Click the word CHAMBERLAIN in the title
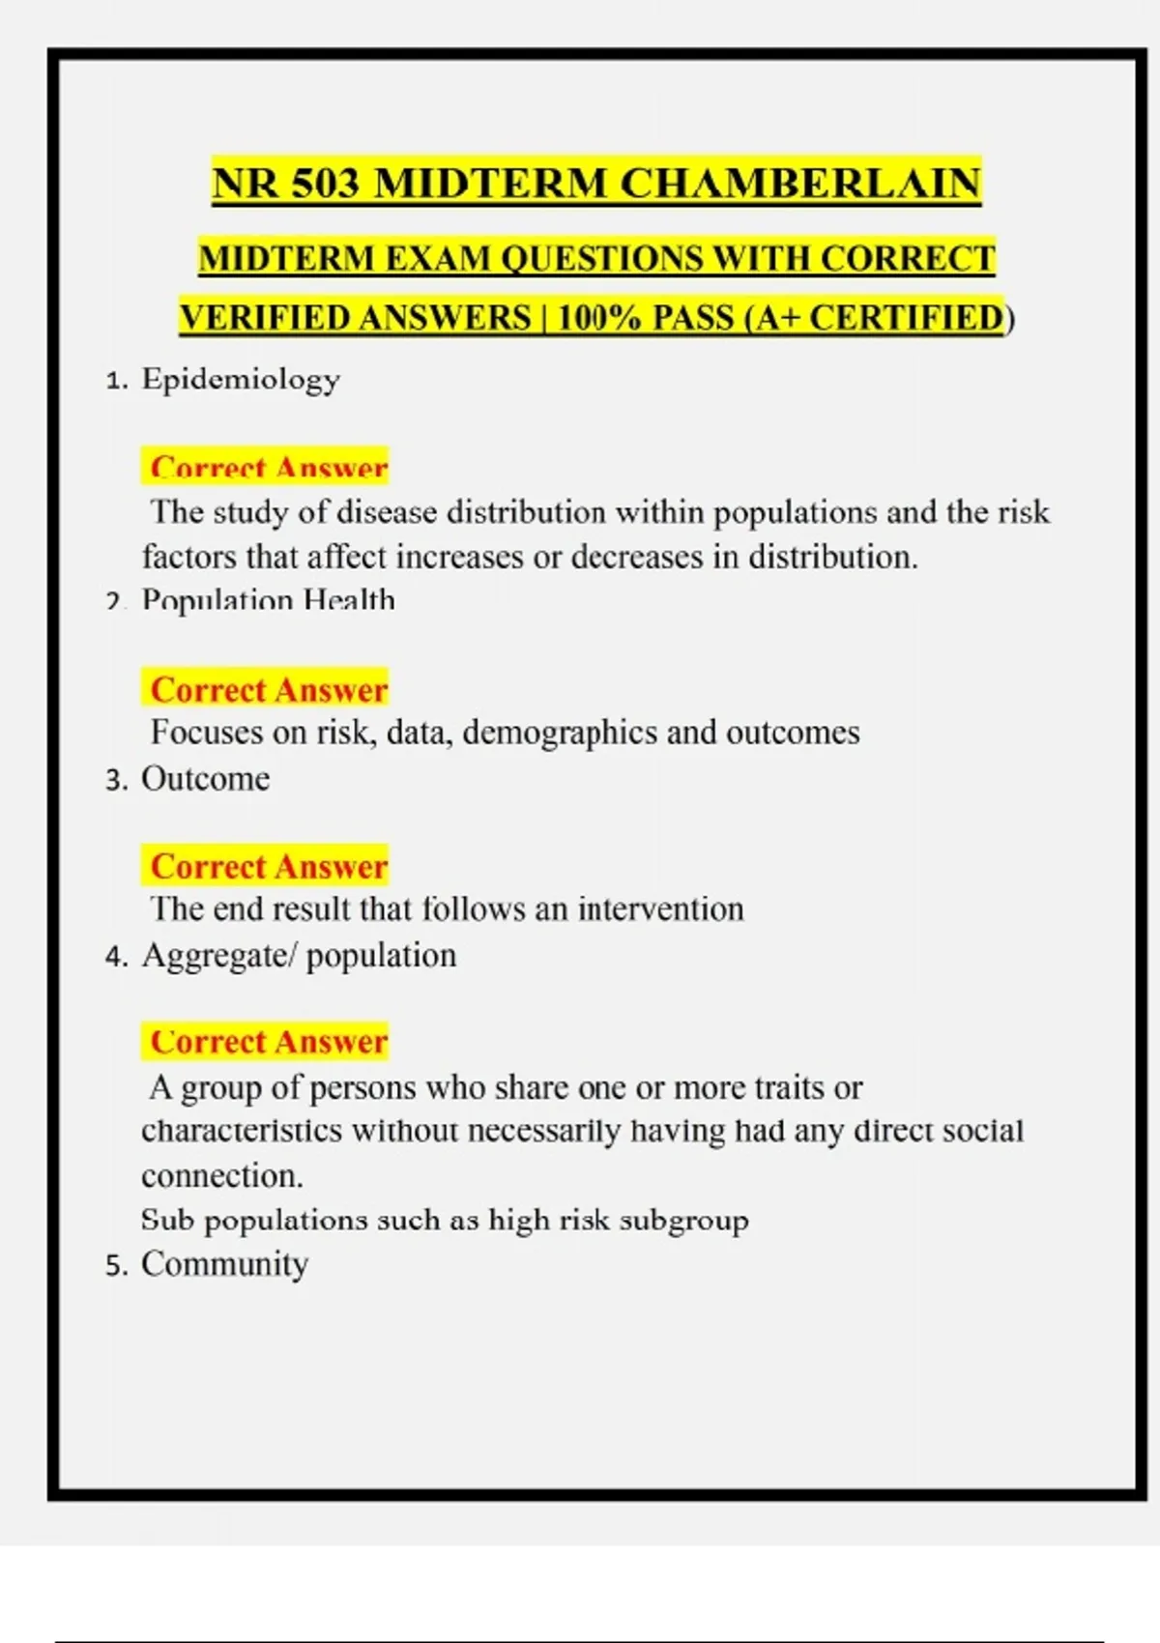coord(799,184)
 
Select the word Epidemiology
coord(241,378)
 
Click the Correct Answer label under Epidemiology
coord(268,468)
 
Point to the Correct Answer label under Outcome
coord(268,866)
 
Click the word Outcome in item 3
coord(206,778)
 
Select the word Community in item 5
coord(225,1263)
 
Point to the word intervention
coord(661,908)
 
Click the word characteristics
coord(242,1130)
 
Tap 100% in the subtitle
coord(598,318)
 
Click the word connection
coord(222,1175)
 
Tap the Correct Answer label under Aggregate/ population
coord(268,1042)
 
